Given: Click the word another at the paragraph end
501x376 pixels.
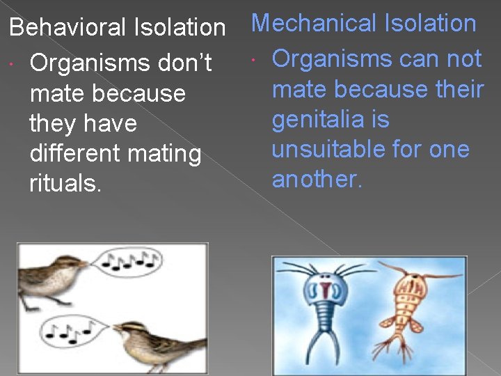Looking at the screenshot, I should click(x=317, y=180).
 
